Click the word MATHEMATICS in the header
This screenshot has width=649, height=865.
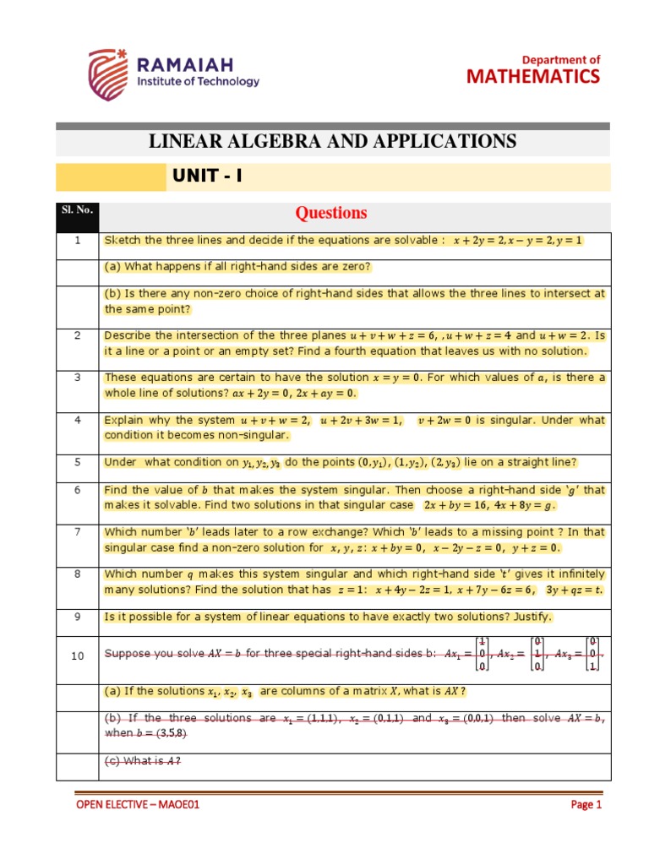click(533, 77)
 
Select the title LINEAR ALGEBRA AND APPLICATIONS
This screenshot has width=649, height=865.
click(332, 140)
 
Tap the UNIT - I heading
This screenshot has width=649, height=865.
click(207, 177)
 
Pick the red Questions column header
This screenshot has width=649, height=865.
click(332, 213)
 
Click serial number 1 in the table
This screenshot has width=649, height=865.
click(77, 241)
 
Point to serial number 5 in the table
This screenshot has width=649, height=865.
click(77, 462)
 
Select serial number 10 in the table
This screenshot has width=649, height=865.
click(77, 656)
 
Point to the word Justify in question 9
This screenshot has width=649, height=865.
click(529, 617)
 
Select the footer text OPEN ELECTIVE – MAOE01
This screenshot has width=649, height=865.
click(138, 805)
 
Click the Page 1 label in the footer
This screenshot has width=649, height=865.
click(586, 805)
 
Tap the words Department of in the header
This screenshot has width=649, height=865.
click(560, 59)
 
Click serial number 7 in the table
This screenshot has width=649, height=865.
click(77, 532)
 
